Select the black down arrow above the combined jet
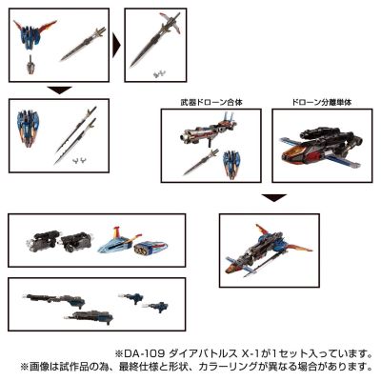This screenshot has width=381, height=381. coord(273,198)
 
